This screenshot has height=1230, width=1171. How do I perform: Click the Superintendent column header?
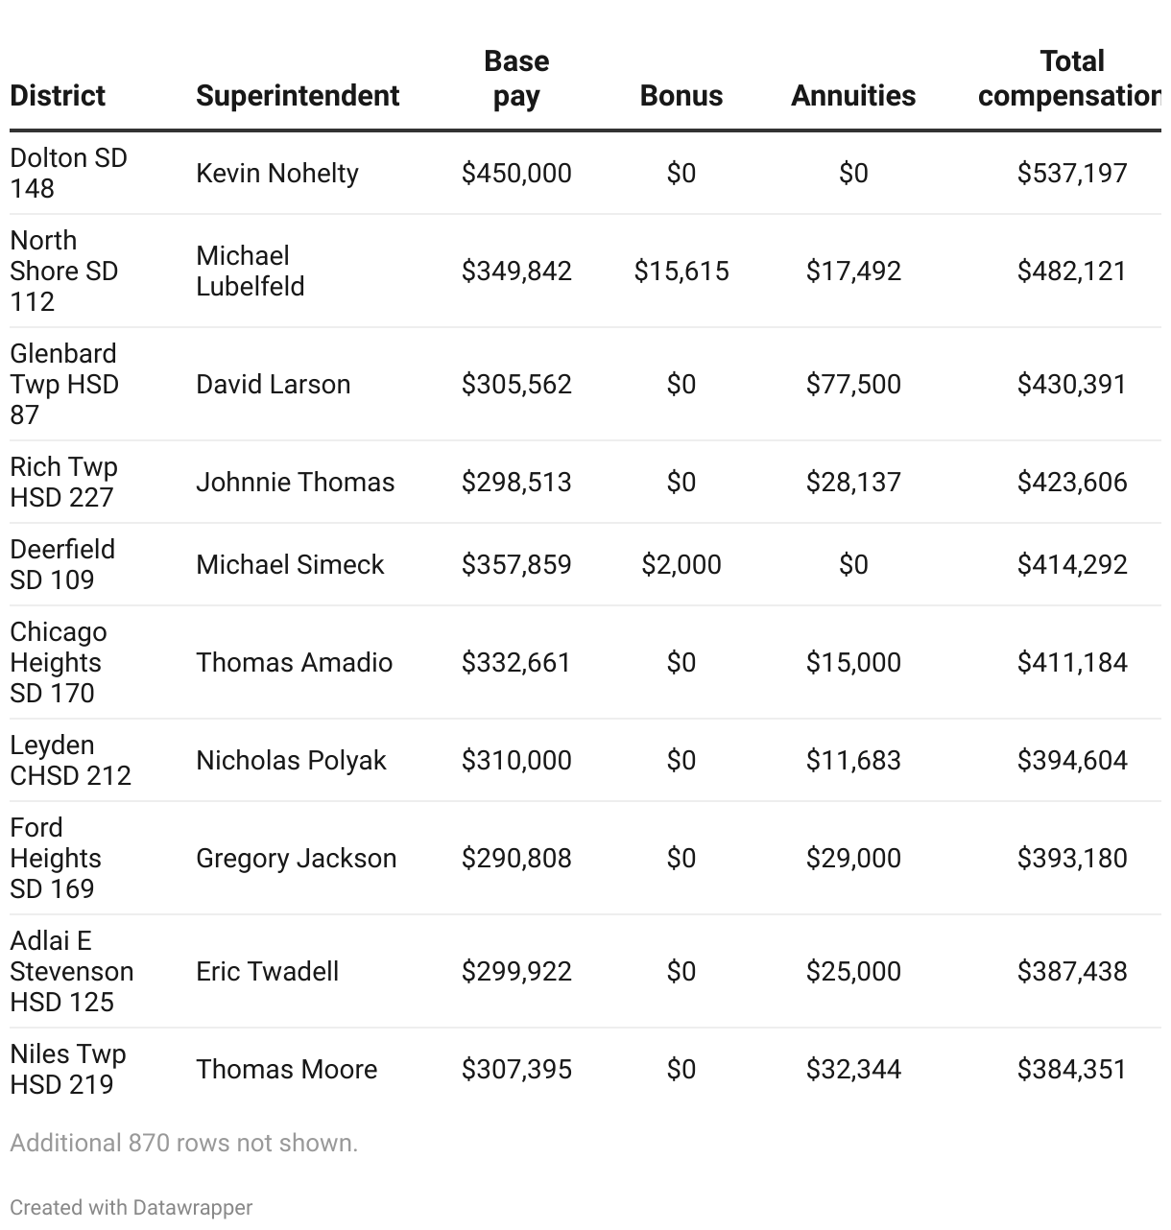[298, 96]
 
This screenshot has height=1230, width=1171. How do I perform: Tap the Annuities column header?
[852, 96]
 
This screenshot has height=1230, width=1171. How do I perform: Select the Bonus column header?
[681, 96]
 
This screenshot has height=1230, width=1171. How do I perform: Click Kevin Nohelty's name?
[276, 174]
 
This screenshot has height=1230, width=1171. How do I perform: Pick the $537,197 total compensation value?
[1071, 174]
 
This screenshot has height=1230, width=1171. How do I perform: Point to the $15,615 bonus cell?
[681, 272]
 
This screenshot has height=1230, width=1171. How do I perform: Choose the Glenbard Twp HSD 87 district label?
[64, 385]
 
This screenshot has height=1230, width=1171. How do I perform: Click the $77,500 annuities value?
[852, 385]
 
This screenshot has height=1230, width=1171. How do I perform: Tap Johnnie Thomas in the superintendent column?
[295, 483]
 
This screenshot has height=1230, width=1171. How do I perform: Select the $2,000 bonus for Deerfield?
[681, 565]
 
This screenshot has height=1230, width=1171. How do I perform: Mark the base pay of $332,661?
[515, 663]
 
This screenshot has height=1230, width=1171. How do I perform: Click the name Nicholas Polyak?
[291, 761]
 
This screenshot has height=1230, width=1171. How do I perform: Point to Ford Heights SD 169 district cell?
[55, 859]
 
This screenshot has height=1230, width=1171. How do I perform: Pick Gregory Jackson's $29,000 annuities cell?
[852, 859]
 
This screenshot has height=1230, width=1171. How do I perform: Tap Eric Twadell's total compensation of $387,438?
[1071, 972]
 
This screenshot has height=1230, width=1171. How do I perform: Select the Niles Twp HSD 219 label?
[67, 1070]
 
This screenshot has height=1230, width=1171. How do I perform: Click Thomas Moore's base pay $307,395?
[515, 1070]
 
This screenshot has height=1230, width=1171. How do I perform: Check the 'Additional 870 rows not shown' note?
[183, 1144]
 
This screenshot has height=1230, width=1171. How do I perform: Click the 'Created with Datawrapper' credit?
[131, 1208]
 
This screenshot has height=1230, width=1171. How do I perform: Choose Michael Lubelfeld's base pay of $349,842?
[515, 272]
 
